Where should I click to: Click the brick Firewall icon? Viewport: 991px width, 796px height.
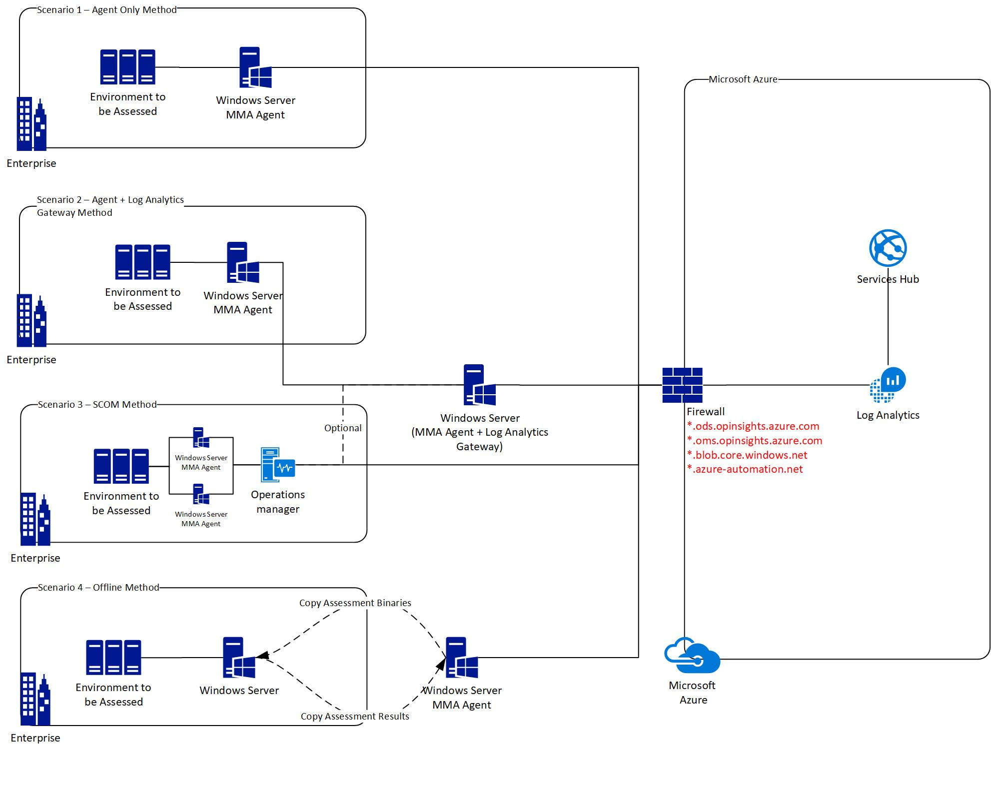point(682,385)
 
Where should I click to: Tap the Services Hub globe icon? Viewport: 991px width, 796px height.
point(888,248)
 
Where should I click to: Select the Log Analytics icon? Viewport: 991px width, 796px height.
point(888,385)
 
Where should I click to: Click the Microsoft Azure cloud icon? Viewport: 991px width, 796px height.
point(692,655)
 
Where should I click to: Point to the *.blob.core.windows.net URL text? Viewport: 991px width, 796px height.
point(747,455)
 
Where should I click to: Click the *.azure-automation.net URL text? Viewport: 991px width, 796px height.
point(745,469)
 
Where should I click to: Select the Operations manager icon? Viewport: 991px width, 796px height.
point(278,465)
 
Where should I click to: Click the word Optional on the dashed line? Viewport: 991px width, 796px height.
point(343,428)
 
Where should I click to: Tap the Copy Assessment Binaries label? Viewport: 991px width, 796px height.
point(355,603)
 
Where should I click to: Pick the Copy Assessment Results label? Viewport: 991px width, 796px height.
point(355,717)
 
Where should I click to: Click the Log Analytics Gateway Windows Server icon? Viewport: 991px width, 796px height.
point(479,385)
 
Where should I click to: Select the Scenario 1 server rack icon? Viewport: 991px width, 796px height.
point(127,67)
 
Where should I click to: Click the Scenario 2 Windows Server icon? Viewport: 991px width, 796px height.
point(243,263)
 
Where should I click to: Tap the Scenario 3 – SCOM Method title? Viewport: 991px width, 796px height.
point(97,404)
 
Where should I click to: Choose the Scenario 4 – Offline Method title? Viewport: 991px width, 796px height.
point(98,588)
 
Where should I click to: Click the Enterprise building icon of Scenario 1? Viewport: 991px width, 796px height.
point(31,124)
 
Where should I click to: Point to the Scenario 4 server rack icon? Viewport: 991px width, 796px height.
point(113,657)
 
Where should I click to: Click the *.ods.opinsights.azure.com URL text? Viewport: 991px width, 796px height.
point(753,426)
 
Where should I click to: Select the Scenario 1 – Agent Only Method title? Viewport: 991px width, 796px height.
point(107,10)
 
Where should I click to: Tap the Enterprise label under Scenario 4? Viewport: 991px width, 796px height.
point(35,738)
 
